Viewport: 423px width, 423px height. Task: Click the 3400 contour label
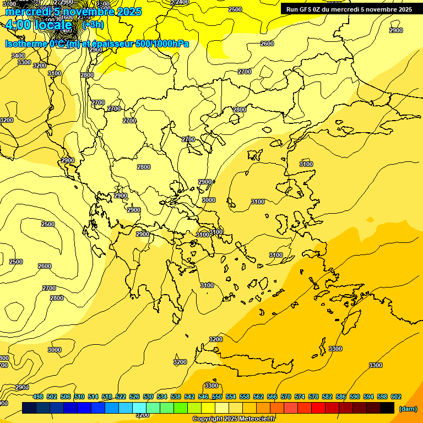18,56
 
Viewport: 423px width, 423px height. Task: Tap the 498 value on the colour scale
38,397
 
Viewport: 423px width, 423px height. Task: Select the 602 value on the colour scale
396,397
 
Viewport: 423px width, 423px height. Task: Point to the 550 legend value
217,397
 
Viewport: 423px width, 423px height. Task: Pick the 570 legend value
286,397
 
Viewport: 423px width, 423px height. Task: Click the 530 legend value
148,397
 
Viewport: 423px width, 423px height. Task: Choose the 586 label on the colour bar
341,397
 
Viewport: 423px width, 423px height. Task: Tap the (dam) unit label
408,408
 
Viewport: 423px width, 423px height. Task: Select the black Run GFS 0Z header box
349,9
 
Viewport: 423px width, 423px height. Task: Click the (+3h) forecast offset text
91,25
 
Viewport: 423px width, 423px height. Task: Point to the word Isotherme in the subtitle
26,44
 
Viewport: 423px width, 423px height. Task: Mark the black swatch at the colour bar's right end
387,408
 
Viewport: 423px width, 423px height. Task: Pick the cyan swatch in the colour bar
139,408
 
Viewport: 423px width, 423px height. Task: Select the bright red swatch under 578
318,408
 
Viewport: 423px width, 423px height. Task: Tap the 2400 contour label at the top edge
180,2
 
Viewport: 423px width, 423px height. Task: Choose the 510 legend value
79,397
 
